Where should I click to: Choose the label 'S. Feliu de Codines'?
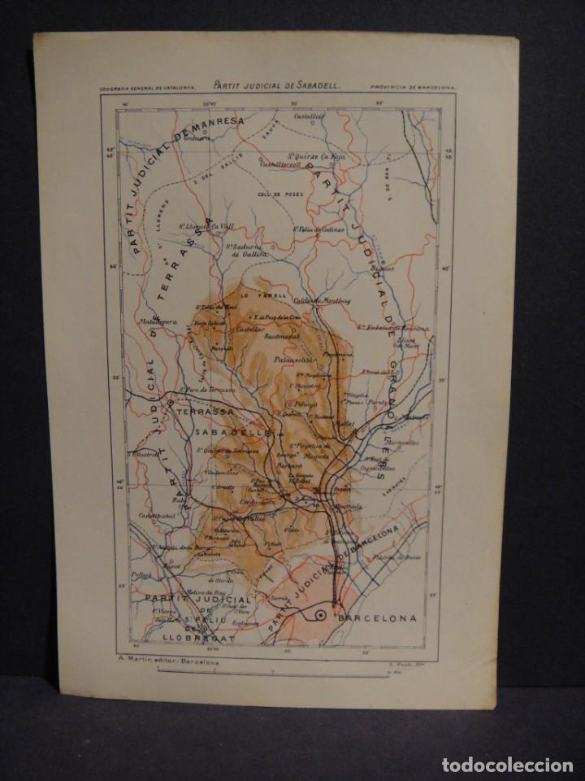point(319,229)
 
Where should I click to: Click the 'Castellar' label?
point(250,329)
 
